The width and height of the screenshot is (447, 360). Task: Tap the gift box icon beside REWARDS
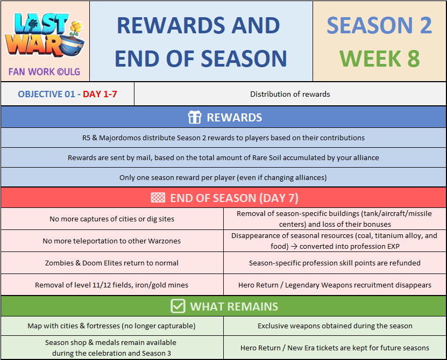[x=195, y=117]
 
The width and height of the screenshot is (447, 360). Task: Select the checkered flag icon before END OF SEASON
[x=158, y=198]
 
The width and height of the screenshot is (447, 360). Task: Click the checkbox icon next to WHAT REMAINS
[x=178, y=306]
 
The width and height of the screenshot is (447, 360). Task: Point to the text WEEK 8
[x=379, y=59]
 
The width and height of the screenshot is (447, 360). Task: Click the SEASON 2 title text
[x=379, y=25]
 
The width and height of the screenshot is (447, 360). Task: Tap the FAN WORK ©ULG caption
[x=44, y=72]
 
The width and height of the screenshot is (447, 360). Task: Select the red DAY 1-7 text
[x=100, y=94]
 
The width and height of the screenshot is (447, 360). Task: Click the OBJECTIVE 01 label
[x=46, y=94]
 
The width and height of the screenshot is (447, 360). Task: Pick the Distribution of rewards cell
[x=290, y=94]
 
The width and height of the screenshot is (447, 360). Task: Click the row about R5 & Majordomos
[x=224, y=138]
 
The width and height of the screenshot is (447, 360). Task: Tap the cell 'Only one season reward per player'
[x=224, y=177]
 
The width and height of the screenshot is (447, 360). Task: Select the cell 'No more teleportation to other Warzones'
[x=112, y=241]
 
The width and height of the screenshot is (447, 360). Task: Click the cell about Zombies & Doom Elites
[x=112, y=263]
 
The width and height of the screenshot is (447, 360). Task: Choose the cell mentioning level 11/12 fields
[x=112, y=285]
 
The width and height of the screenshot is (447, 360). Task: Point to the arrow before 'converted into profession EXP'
[x=294, y=247]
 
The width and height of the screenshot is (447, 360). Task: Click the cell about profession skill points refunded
[x=335, y=263]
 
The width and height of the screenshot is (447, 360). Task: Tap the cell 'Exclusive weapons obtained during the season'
[x=335, y=326]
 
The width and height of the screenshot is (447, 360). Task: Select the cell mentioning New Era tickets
[x=335, y=348]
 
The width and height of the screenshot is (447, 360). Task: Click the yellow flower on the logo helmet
[x=76, y=27]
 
